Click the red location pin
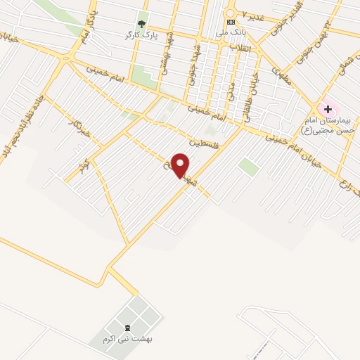[x=181, y=165]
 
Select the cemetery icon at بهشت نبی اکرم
[x=127, y=328]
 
